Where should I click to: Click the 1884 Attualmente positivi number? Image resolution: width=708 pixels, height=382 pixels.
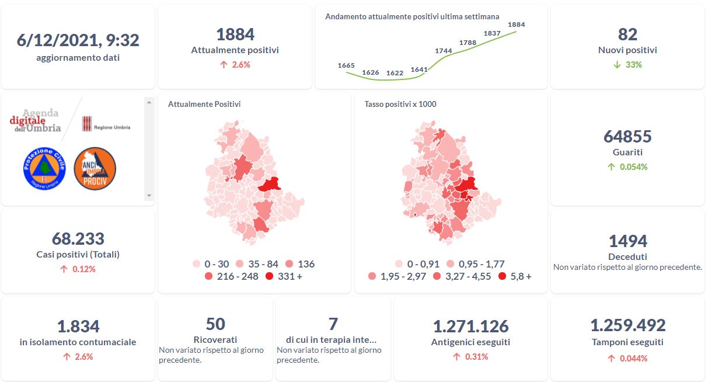[x=235, y=34]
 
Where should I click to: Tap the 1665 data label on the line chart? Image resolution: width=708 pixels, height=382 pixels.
[x=346, y=65]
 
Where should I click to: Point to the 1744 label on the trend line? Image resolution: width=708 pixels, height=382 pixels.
[x=444, y=51]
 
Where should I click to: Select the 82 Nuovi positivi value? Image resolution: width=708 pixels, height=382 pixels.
[x=627, y=34]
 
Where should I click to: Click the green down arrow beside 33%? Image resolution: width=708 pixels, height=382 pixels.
[x=617, y=65]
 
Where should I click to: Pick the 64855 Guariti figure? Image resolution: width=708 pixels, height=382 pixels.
[x=627, y=137]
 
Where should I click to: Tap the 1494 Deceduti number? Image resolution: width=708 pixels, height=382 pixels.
[x=627, y=241]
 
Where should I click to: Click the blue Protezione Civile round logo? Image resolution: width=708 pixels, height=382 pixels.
[x=44, y=168]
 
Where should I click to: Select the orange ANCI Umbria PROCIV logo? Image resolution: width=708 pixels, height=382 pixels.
[x=95, y=168]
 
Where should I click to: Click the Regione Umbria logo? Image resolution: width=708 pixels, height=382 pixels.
[x=106, y=124]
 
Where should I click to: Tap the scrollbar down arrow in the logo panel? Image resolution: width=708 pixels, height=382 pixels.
[x=149, y=196]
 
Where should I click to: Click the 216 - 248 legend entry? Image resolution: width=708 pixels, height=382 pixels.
[x=232, y=276]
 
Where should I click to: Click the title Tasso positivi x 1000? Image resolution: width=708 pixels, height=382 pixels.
[x=400, y=105]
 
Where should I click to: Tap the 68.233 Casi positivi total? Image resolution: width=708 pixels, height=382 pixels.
[x=78, y=239]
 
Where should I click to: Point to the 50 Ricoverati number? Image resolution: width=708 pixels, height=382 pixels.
[x=215, y=324]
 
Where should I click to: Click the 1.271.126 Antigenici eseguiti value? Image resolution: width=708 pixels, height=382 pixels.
[x=470, y=326]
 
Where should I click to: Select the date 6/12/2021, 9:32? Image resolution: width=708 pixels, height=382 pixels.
[x=78, y=40]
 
